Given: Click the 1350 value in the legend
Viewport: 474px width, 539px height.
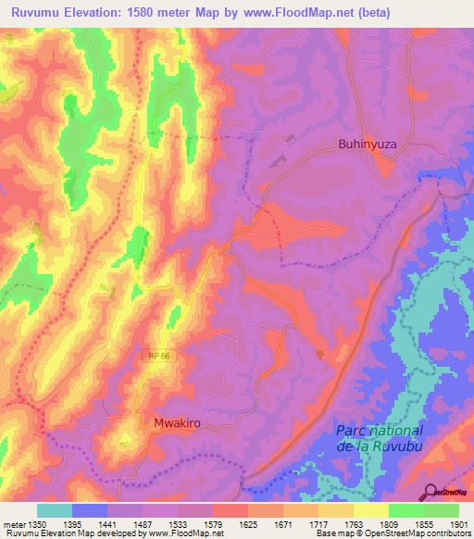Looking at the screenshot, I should pyautogui.click(x=36, y=523).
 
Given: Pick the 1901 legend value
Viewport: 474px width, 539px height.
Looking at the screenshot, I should pyautogui.click(x=458, y=523).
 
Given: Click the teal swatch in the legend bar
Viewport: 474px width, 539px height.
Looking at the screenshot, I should pyautogui.click(x=55, y=510).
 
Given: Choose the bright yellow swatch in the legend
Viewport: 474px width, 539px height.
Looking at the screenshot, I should pyautogui.click(x=370, y=510).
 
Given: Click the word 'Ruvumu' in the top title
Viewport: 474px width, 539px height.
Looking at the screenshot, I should pyautogui.click(x=38, y=13).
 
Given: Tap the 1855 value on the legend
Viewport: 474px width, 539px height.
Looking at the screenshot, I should pyautogui.click(x=423, y=523).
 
